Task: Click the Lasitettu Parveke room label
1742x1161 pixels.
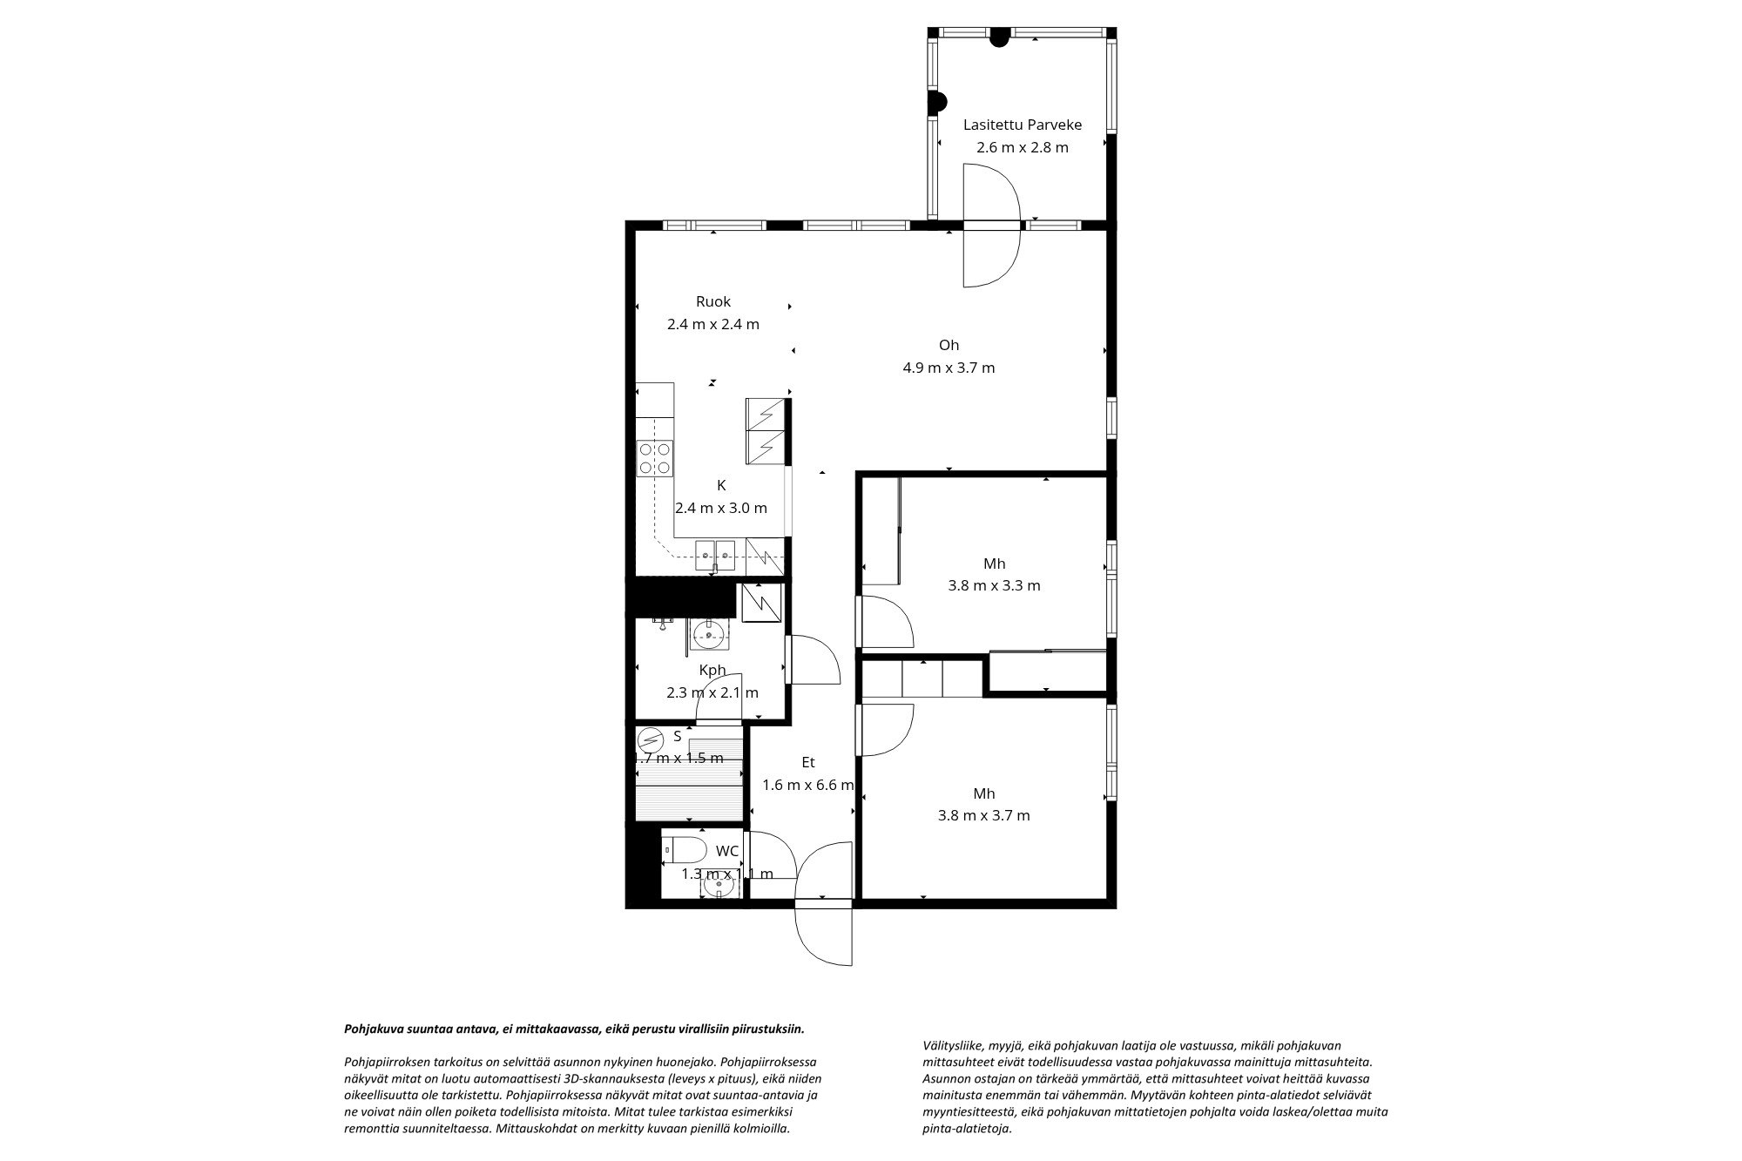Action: [x=1022, y=125]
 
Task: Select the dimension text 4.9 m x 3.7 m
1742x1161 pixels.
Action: [x=949, y=368]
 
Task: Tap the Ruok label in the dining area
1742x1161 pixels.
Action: [x=712, y=301]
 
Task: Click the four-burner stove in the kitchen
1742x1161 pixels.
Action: [x=655, y=458]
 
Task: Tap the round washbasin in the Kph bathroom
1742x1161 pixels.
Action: [x=711, y=636]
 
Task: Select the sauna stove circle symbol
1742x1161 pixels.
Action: [x=650, y=741]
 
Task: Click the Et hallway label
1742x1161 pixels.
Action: [x=807, y=762]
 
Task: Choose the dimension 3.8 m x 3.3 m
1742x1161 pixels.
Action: [x=994, y=585]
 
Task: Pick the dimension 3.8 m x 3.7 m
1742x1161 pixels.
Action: [x=983, y=815]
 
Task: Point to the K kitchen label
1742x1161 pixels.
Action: [x=721, y=485]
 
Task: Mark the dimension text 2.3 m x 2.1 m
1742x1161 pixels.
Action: [x=712, y=693]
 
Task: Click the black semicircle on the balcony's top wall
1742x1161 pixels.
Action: [x=1000, y=37]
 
